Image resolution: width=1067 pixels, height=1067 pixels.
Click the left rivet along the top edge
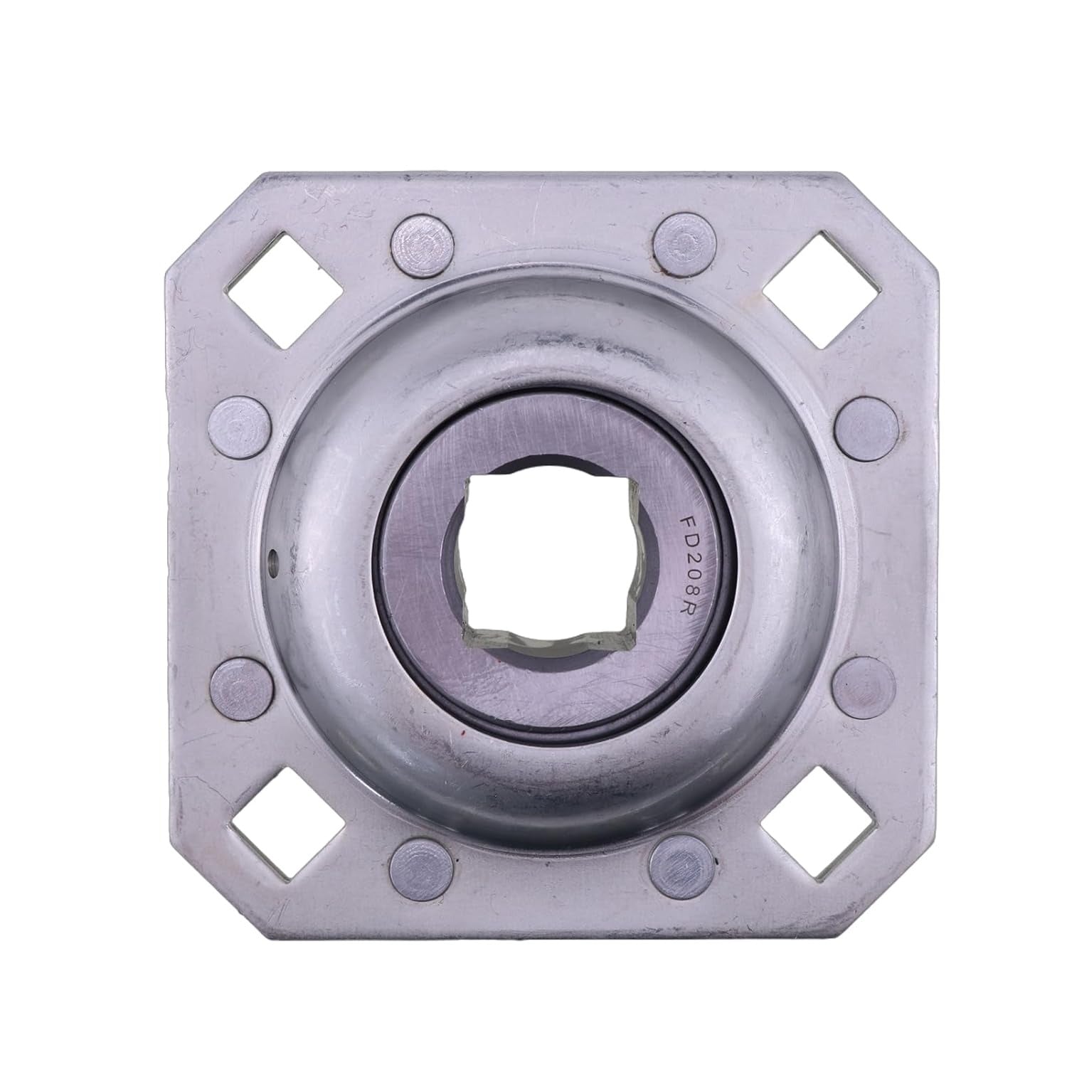click(x=420, y=240)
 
